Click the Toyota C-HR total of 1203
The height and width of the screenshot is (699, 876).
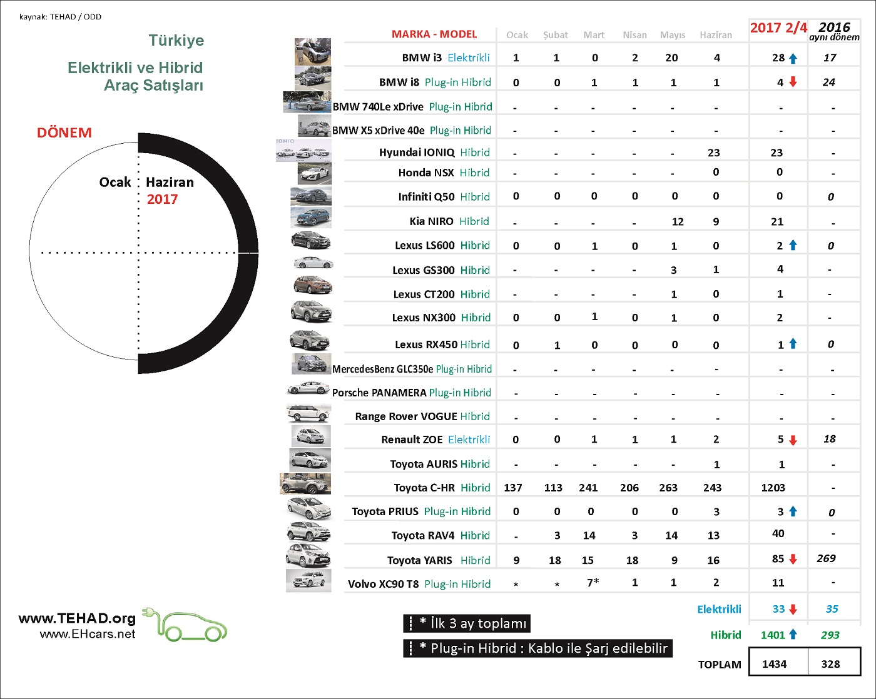(x=773, y=488)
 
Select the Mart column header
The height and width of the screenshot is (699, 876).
(x=594, y=35)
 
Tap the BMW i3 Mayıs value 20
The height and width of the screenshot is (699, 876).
(x=671, y=58)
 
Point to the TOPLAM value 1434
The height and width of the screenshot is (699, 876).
(x=774, y=664)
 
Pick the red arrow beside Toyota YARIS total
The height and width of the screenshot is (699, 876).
(x=793, y=560)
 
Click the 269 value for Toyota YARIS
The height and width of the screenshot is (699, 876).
(x=826, y=558)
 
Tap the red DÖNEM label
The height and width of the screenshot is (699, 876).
(x=64, y=133)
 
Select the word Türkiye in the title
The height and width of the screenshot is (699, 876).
(x=176, y=41)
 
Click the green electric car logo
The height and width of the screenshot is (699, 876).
(x=186, y=625)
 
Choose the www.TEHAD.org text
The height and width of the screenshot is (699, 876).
(x=77, y=618)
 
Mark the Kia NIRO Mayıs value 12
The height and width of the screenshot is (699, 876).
(x=678, y=221)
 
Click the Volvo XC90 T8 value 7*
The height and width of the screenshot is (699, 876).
(x=593, y=583)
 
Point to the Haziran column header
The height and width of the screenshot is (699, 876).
(x=716, y=35)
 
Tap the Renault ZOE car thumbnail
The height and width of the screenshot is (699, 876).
(x=311, y=436)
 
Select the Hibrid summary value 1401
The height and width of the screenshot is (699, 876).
(x=773, y=635)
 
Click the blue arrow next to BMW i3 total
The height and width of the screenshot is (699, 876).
(x=793, y=58)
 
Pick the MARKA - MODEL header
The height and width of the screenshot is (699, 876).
(x=434, y=34)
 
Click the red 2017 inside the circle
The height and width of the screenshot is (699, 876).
(x=163, y=199)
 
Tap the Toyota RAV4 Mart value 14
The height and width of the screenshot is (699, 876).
(x=589, y=535)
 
